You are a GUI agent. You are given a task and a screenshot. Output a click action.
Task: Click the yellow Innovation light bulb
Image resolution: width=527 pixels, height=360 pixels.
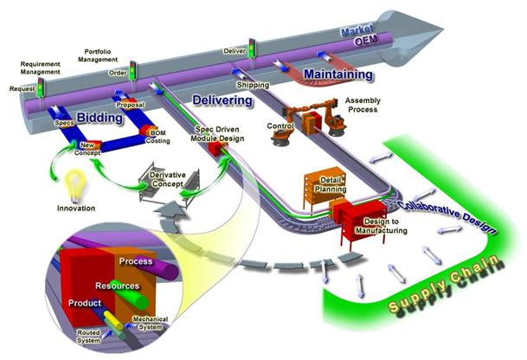pyautogui.click(x=77, y=184)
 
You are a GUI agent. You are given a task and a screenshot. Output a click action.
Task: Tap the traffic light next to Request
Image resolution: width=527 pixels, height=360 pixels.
pyautogui.click(x=41, y=87)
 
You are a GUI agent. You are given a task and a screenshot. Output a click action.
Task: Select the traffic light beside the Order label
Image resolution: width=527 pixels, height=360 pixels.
pyautogui.click(x=132, y=70)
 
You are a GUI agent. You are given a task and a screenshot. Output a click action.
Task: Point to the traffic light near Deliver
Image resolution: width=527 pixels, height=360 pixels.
pyautogui.click(x=252, y=48)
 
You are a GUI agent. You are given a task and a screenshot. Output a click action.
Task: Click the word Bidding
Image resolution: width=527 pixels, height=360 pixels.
pyautogui.click(x=100, y=118)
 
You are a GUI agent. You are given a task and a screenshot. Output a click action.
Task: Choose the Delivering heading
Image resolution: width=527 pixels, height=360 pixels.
pyautogui.click(x=222, y=100)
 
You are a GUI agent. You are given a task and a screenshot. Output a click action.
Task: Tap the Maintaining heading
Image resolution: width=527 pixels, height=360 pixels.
pyautogui.click(x=338, y=74)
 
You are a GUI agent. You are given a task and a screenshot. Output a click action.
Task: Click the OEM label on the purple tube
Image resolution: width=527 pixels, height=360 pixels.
pyautogui.click(x=365, y=41)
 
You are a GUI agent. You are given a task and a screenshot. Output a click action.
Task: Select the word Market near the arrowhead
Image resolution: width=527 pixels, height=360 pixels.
pyautogui.click(x=357, y=30)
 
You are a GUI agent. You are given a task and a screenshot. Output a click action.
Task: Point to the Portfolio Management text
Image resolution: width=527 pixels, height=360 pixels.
pyautogui.click(x=98, y=55)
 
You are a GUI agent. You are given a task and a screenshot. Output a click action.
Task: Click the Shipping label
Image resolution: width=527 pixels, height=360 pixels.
pyautogui.click(x=253, y=85)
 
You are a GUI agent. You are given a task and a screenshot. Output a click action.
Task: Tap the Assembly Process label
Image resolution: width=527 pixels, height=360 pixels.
pyautogui.click(x=363, y=105)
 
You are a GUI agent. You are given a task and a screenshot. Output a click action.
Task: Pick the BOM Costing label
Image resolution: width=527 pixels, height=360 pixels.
pyautogui.click(x=158, y=137)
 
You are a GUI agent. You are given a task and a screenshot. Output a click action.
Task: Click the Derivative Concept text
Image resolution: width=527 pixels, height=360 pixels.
pyautogui.click(x=167, y=179)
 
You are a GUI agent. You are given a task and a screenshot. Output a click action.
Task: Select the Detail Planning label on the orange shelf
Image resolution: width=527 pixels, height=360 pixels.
pyautogui.click(x=331, y=184)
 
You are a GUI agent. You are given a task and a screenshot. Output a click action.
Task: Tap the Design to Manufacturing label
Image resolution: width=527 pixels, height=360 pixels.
pyautogui.click(x=381, y=226)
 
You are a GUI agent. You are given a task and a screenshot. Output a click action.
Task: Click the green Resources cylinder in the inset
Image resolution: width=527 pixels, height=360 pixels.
pyautogui.click(x=129, y=293)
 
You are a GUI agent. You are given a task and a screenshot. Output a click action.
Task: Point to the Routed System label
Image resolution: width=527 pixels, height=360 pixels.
pyautogui.click(x=89, y=337)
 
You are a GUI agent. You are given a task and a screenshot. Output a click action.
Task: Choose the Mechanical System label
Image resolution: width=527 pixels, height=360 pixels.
pyautogui.click(x=151, y=323)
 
